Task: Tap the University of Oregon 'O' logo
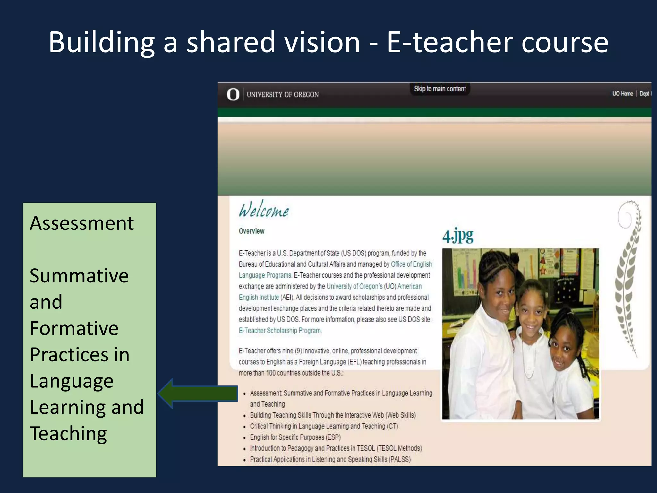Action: [x=233, y=94]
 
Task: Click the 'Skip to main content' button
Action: [x=440, y=89]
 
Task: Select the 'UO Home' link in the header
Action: [x=622, y=94]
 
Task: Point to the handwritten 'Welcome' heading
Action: [x=264, y=210]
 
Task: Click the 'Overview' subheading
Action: [x=252, y=231]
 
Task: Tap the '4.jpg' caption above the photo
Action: [x=458, y=236]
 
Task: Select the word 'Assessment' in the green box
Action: [x=82, y=223]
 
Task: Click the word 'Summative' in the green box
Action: [x=79, y=276]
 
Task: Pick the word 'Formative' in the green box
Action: [x=74, y=328]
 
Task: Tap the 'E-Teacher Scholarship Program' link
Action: [x=280, y=331]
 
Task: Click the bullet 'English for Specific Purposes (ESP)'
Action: [x=295, y=437]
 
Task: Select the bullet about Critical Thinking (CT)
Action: [x=324, y=426]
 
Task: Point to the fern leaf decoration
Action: [x=629, y=279]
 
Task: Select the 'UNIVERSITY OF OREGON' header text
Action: [x=283, y=95]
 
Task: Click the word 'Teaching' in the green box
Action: [x=68, y=434]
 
